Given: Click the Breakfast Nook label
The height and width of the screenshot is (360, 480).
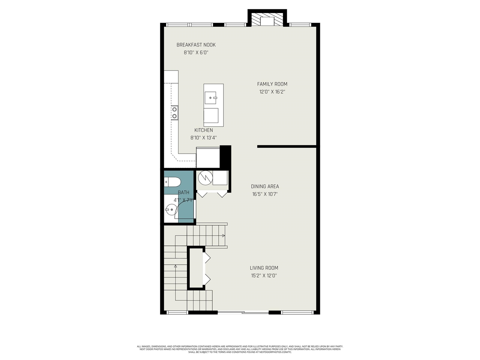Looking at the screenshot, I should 196,45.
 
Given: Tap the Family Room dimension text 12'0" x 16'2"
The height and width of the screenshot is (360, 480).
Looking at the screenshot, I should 272,92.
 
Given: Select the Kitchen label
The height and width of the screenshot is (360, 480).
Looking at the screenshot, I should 203,130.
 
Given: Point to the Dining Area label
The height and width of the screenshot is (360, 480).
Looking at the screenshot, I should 265,186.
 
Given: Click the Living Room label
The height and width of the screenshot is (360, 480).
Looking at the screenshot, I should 264,268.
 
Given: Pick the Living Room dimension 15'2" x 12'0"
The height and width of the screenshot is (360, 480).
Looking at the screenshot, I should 264,276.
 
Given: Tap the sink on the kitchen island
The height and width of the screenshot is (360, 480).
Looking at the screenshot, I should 211,98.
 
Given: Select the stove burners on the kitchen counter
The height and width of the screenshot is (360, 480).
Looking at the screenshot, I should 174,112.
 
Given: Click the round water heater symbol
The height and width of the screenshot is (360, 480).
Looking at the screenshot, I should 205,177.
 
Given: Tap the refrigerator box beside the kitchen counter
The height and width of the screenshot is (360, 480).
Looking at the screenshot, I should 208,157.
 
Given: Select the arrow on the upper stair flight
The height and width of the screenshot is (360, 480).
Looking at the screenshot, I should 223,235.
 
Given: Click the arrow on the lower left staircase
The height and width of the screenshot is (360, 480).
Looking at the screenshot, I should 175,266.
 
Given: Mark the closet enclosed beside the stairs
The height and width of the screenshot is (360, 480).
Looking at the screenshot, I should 196,268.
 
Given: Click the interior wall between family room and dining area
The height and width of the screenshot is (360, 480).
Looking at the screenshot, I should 287,146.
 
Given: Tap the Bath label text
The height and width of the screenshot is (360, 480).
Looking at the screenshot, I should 183,192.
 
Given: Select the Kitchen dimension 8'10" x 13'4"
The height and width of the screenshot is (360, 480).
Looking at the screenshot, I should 203,138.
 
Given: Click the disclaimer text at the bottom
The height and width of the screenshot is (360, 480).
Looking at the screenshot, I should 240,349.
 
